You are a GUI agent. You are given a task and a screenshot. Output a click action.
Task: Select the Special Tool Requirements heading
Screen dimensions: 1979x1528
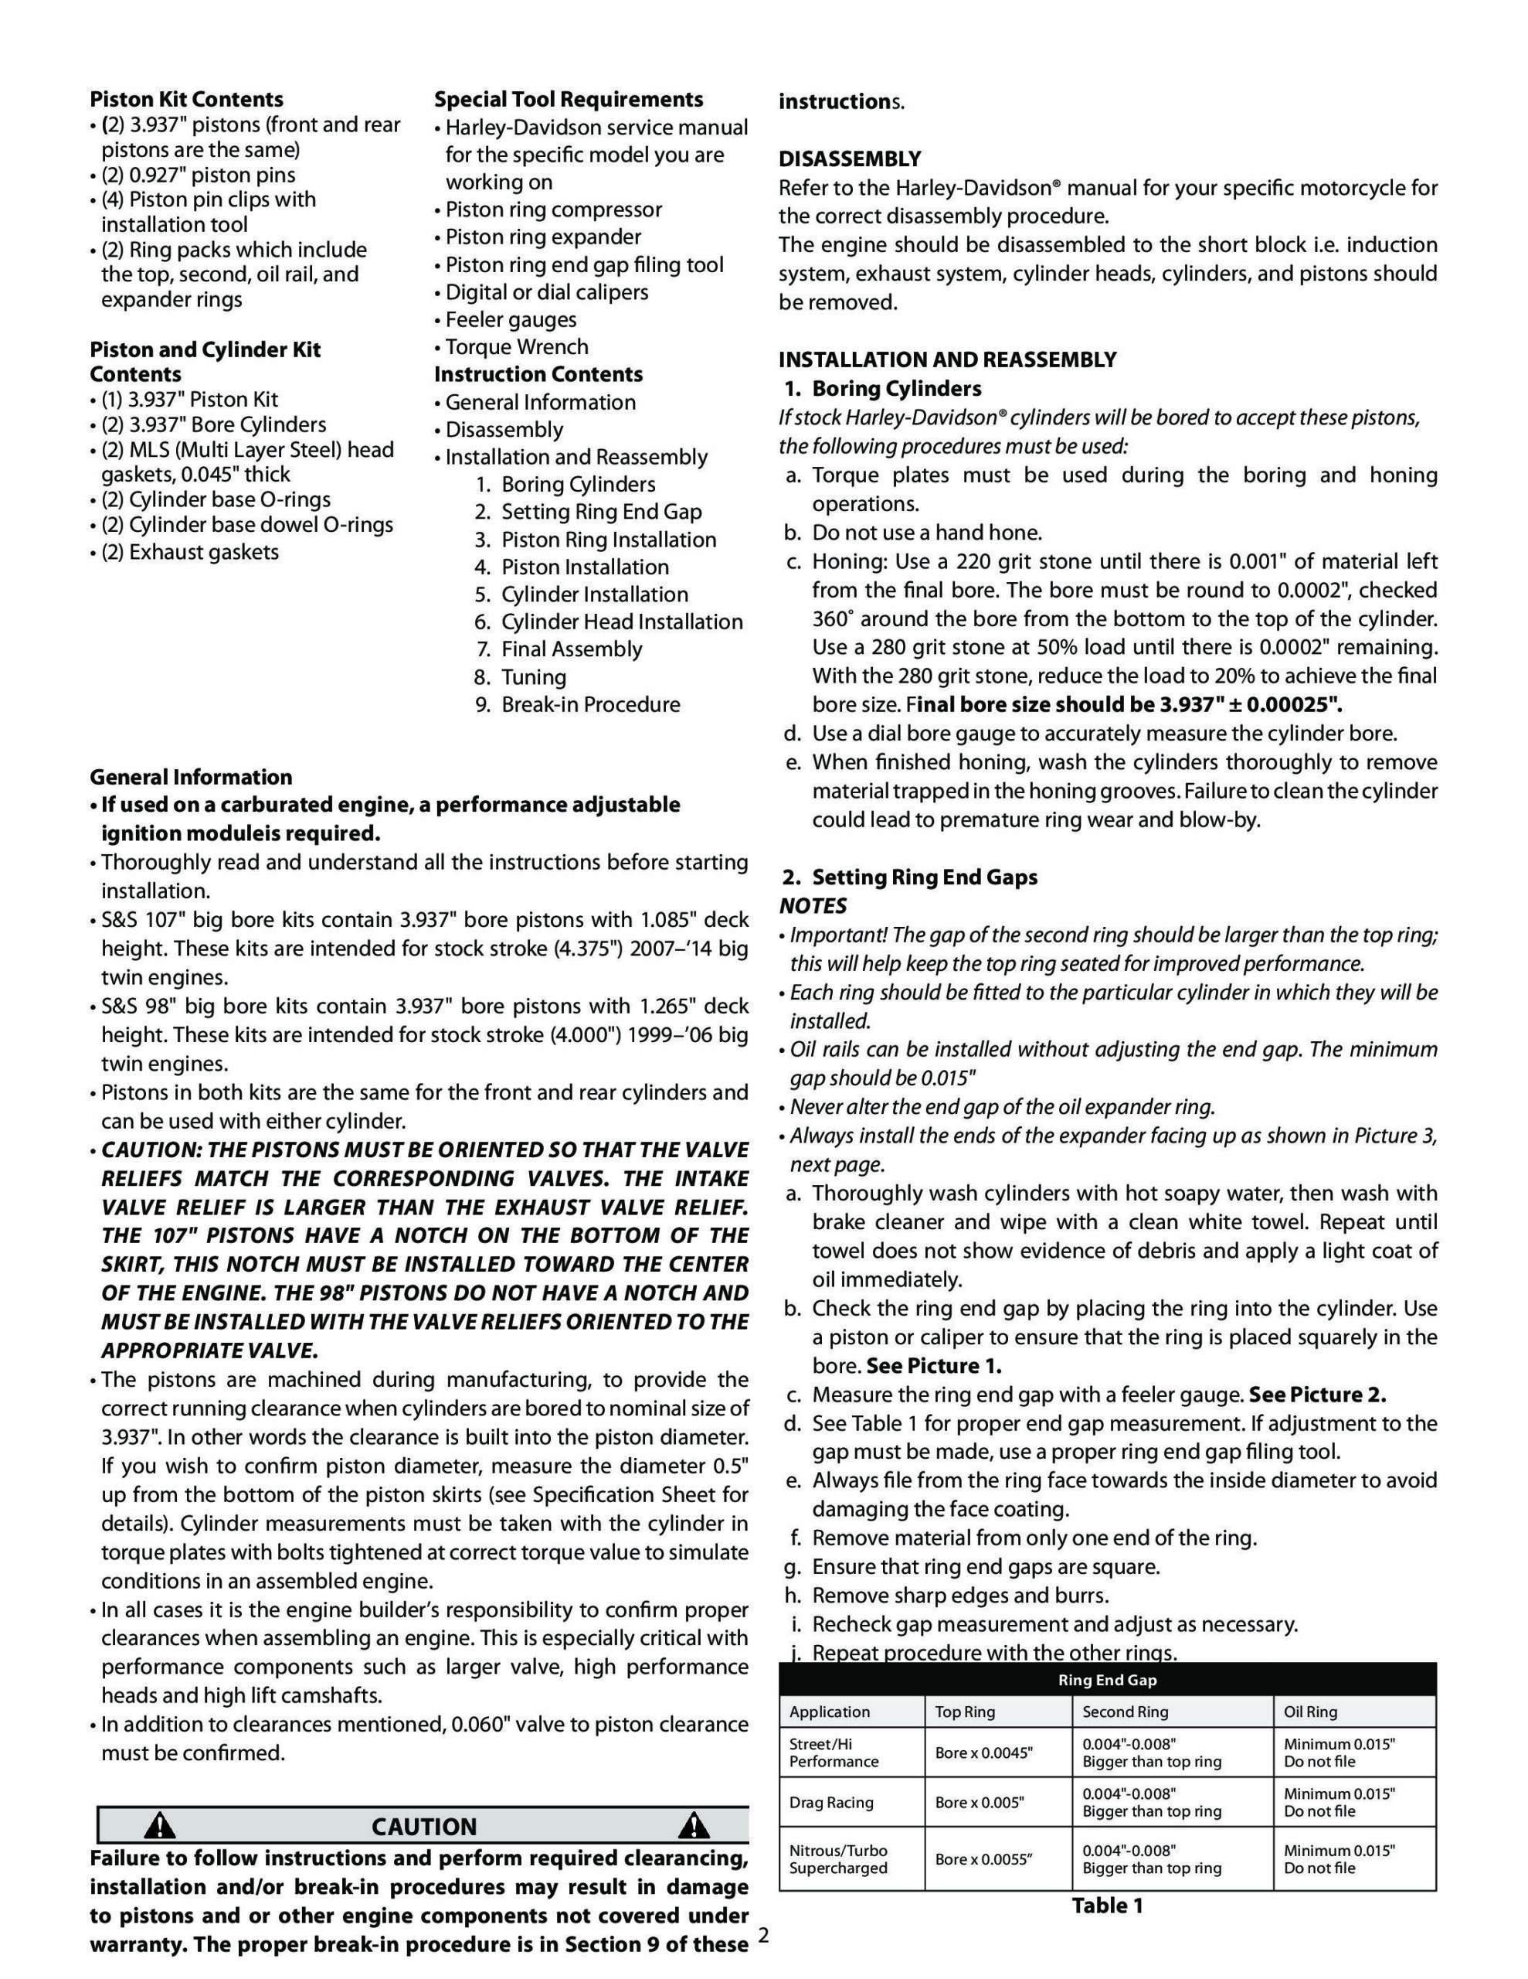click(568, 99)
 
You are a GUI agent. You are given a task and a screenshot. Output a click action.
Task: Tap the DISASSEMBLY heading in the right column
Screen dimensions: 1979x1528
click(850, 158)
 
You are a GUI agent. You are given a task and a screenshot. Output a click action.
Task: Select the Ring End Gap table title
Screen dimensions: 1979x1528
click(1107, 1680)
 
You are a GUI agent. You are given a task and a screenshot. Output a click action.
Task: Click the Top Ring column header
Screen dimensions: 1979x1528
click(965, 1712)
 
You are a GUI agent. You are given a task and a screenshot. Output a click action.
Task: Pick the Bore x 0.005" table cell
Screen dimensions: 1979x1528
click(979, 1802)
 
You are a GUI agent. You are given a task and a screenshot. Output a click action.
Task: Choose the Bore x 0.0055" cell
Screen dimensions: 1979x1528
click(983, 1859)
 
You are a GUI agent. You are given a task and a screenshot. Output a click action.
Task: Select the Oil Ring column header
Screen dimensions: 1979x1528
click(1309, 1712)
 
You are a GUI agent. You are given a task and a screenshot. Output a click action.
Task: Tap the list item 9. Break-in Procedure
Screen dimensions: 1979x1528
click(578, 704)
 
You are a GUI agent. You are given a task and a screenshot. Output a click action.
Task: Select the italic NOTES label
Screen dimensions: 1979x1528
click(813, 906)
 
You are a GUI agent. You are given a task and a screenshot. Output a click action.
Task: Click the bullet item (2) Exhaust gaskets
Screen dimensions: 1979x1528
click(189, 552)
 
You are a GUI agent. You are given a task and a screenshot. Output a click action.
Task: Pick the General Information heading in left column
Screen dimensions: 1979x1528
click(190, 777)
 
